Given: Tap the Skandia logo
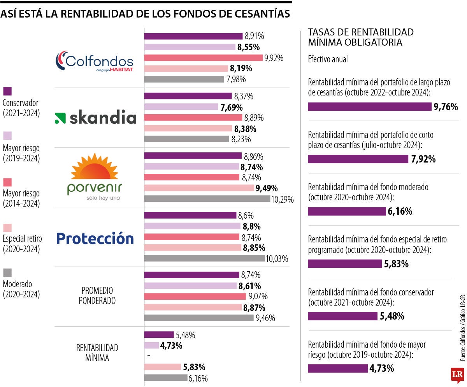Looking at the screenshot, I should point(95,118).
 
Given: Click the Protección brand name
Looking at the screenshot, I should point(95,238).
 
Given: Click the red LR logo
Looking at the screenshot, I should point(457,375).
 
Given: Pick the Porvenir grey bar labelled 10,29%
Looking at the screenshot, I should point(207,199).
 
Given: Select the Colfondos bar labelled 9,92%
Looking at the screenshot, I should point(203,58).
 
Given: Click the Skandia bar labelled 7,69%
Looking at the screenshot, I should point(181,107).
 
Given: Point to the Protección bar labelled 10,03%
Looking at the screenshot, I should point(204,258).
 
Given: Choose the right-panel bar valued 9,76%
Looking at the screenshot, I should point(369,107).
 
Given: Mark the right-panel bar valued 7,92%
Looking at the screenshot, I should point(358,159).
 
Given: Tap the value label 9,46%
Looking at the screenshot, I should point(266,318).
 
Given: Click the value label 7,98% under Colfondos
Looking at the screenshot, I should point(236,80).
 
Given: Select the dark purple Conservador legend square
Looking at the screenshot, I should point(7,91).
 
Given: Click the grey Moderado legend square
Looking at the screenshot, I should point(7,272).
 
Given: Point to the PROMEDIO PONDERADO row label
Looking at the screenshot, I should point(97,295).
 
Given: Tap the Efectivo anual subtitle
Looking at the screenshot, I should point(328,60).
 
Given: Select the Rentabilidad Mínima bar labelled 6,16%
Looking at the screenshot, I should point(165,378).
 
